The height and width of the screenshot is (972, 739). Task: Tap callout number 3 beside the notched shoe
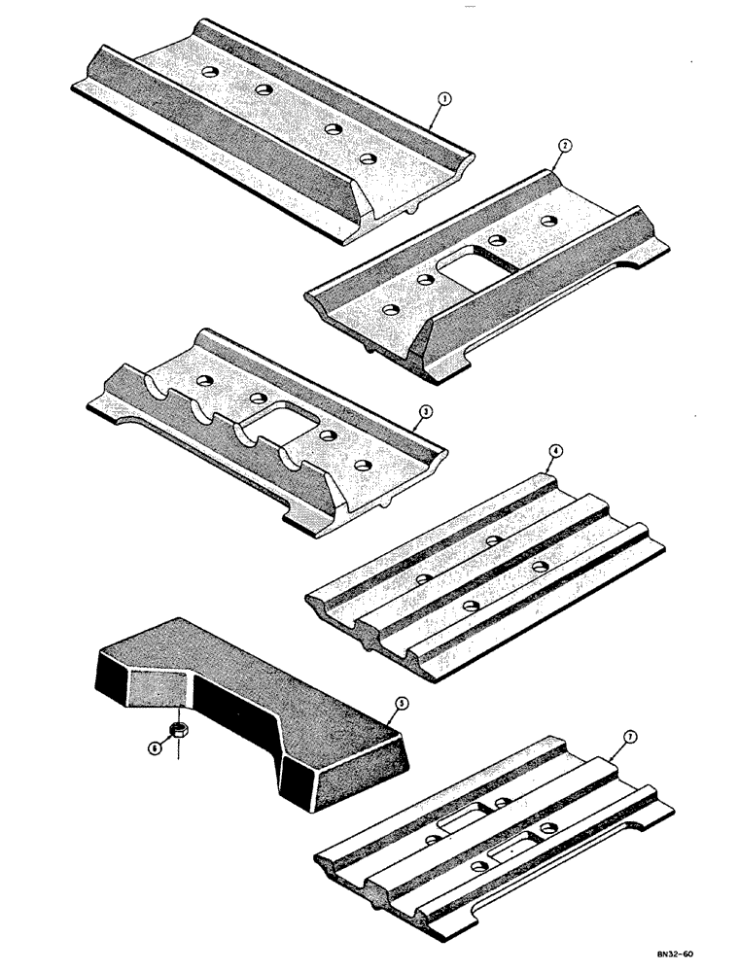[422, 411]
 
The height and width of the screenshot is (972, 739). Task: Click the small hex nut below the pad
[178, 729]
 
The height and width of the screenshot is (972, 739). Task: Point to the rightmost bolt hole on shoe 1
[367, 156]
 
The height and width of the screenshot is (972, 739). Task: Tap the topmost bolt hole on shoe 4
[494, 537]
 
